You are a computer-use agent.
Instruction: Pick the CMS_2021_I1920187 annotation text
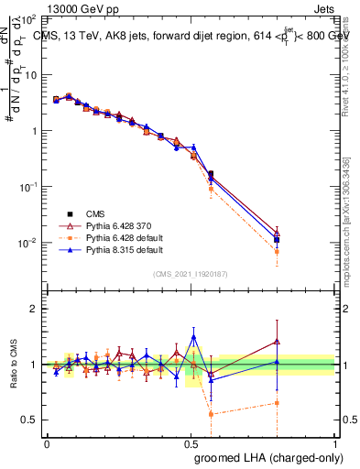[191, 273]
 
